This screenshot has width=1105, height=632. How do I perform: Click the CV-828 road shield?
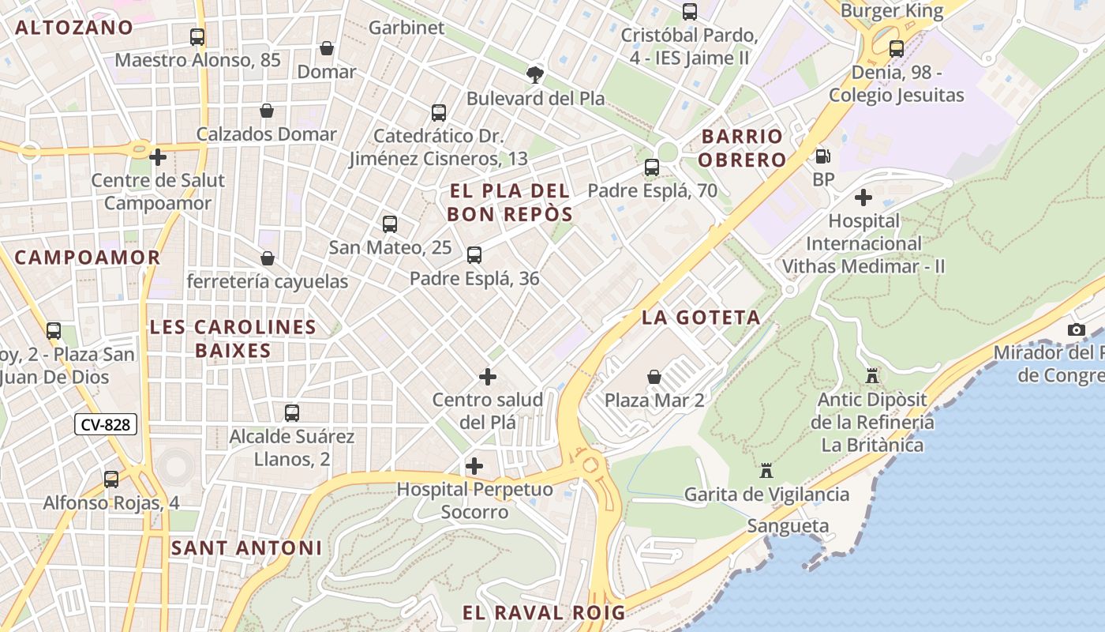pyautogui.click(x=106, y=425)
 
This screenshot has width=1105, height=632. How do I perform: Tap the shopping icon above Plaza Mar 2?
pyautogui.click(x=654, y=377)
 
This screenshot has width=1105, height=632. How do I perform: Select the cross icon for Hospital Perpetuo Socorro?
pyautogui.click(x=474, y=466)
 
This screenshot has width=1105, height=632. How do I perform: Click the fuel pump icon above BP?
pyautogui.click(x=823, y=156)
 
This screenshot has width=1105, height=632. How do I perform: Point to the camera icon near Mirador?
pyautogui.click(x=1077, y=329)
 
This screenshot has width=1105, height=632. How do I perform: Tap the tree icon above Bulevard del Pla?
pyautogui.click(x=535, y=75)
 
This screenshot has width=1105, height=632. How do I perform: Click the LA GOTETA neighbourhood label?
pyautogui.click(x=701, y=318)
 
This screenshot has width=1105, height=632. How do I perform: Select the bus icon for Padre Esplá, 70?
pyautogui.click(x=652, y=167)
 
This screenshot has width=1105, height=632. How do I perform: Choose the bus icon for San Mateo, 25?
pyautogui.click(x=390, y=224)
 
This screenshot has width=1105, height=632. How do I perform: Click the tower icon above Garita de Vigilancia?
pyautogui.click(x=766, y=472)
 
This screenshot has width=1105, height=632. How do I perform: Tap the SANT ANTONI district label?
pyautogui.click(x=246, y=547)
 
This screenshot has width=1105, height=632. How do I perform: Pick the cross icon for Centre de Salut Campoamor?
pyautogui.click(x=158, y=157)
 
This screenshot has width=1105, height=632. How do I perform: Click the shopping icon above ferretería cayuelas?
pyautogui.click(x=268, y=258)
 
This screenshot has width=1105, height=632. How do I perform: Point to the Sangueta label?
pyautogui.click(x=788, y=526)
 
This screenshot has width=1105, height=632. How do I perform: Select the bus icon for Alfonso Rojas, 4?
pyautogui.click(x=111, y=480)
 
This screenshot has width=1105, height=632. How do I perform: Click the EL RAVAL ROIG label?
pyautogui.click(x=544, y=612)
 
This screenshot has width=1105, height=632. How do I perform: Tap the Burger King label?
pyautogui.click(x=892, y=11)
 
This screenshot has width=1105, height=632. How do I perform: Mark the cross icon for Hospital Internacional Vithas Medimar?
pyautogui.click(x=863, y=197)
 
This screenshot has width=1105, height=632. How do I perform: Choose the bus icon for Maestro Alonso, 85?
pyautogui.click(x=197, y=37)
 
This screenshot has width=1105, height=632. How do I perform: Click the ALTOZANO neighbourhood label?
pyautogui.click(x=74, y=28)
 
